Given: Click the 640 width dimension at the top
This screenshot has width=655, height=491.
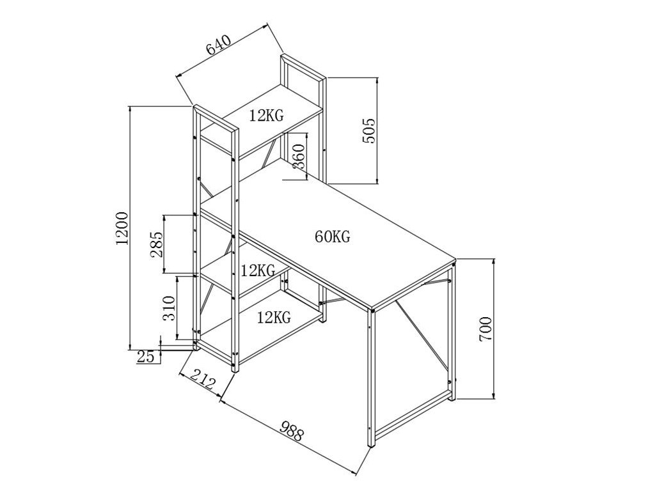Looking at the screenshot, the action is click(217, 48).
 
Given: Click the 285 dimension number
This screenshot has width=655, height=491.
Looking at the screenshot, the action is click(157, 244).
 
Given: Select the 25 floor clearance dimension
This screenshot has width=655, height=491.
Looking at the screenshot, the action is click(146, 357).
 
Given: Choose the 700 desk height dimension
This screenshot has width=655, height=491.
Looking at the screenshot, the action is click(486, 329).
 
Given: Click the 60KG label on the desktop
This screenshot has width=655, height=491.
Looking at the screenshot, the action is click(333, 237).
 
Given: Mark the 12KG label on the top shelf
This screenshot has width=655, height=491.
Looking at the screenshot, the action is click(267, 115).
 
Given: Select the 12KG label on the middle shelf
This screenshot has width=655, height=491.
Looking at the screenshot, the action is click(258, 270).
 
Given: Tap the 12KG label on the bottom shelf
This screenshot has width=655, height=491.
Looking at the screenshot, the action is click(274, 316).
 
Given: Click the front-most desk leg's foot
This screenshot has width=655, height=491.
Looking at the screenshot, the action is click(371, 443).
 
